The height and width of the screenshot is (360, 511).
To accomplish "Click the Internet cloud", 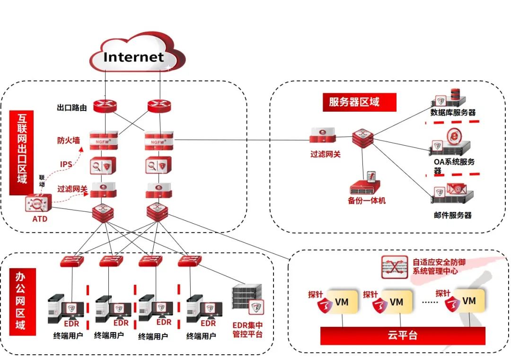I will [x=134, y=57].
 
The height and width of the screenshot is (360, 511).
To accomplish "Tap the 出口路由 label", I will [x=71, y=108].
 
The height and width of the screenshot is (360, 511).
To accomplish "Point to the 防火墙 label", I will [x=69, y=140].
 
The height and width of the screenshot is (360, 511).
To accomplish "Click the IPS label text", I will [x=66, y=165].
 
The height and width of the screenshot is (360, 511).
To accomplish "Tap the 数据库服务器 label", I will [x=453, y=113].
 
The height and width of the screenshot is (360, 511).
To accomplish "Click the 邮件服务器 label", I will [x=453, y=215].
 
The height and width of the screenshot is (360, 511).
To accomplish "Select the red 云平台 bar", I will [x=403, y=335].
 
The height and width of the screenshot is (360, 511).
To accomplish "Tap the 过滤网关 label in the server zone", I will [x=326, y=154].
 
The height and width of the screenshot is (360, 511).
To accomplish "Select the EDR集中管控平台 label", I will [x=247, y=330].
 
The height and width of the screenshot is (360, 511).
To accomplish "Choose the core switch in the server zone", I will [x=363, y=137].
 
